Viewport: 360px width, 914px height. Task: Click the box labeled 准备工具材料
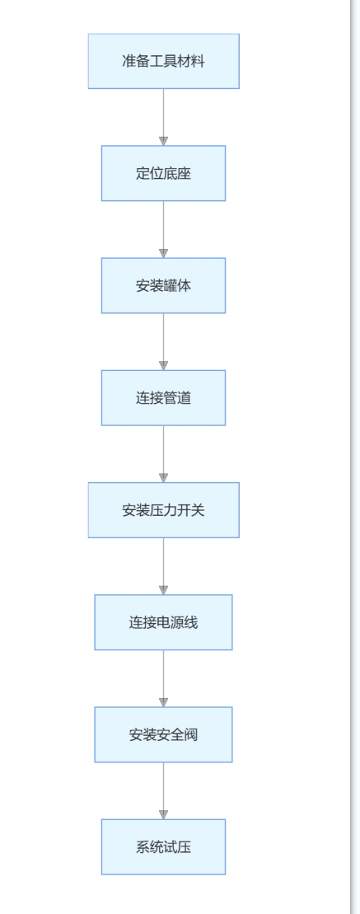164,61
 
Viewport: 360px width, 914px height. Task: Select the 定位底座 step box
164,173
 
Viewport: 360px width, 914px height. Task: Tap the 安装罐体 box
164,286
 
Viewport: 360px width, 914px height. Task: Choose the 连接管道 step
164,397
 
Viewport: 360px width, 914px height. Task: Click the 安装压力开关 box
164,510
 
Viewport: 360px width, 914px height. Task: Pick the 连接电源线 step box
164,622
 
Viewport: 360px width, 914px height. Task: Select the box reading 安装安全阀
164,734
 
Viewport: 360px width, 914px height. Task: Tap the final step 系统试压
164,846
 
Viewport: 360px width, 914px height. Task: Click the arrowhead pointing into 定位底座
164,141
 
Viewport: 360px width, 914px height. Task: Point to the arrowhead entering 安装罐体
164,254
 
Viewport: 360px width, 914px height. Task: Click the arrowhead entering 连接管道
164,365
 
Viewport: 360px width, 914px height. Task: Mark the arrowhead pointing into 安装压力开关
164,478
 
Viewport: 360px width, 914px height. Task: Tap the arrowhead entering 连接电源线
164,590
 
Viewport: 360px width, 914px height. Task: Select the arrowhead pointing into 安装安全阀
164,702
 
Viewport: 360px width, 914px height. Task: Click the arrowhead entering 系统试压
164,814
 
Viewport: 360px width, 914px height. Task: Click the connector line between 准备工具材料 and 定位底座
164,117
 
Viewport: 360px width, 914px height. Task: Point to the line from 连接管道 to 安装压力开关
164,454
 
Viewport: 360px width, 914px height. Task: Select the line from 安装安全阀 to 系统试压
164,790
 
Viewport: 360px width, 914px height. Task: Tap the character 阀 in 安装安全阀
191,734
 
